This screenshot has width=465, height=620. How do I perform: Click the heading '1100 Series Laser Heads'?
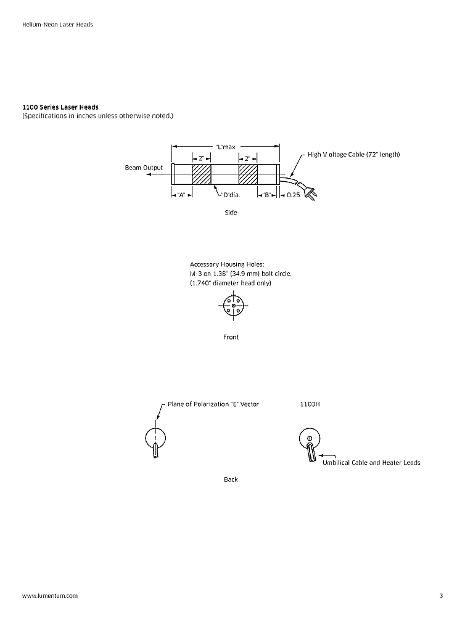point(60,107)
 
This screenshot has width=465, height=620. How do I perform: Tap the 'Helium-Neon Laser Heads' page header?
point(57,25)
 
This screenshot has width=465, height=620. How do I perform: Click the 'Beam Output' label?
point(144,168)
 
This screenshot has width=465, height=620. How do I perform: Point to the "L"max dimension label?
point(226,147)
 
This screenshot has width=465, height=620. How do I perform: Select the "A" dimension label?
point(181,195)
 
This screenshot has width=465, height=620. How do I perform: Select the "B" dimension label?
point(267,195)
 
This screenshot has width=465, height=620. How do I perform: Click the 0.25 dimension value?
point(294,195)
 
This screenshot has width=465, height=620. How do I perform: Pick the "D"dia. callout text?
point(230,195)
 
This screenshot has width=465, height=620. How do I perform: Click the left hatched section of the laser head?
point(202,174)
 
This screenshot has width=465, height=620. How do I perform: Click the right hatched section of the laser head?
point(248,174)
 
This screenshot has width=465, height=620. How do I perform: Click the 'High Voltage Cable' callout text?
point(353,154)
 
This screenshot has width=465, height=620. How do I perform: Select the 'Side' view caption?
point(231,213)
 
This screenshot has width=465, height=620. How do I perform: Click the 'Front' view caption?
point(231,337)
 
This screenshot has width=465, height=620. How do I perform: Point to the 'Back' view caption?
point(231,479)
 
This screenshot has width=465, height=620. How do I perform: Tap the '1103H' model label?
point(310,404)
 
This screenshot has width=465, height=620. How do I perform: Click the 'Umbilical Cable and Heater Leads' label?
point(371,462)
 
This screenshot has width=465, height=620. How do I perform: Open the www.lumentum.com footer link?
point(50,596)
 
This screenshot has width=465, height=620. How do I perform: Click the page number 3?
point(441,596)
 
